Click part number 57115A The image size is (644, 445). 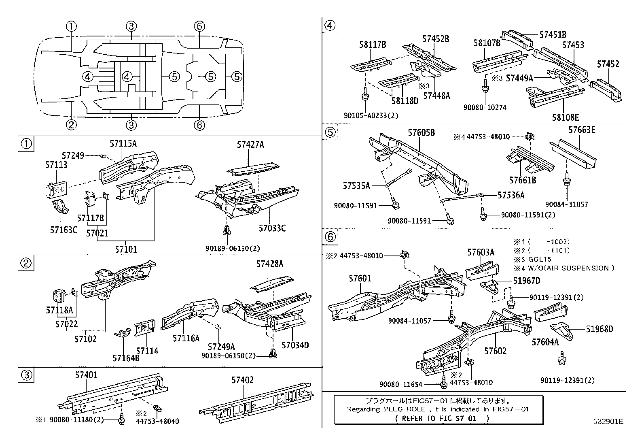tap(123, 143)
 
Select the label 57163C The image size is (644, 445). tap(64, 230)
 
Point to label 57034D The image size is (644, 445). tap(295, 345)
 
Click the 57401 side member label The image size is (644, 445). tap(86, 375)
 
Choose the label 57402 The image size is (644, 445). tap(243, 380)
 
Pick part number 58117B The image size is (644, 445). tap(373, 45)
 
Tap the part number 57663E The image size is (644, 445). tap(582, 130)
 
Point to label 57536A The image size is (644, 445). tap(511, 196)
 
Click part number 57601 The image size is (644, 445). tap(360, 279)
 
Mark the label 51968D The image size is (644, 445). tap(600, 329)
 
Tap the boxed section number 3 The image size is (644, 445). tap(26, 375)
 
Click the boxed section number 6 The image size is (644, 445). tap(330, 236)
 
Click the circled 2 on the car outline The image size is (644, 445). tap(71, 124)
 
